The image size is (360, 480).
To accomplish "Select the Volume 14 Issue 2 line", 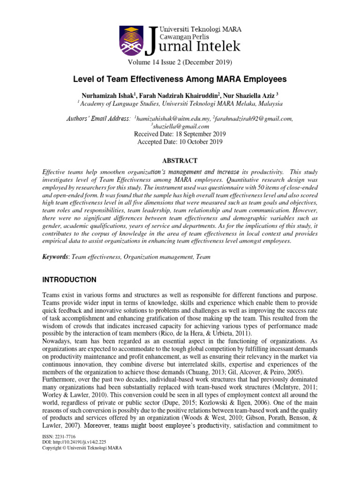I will (x=180, y=62).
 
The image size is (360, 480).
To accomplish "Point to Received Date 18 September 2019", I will (x=180, y=134).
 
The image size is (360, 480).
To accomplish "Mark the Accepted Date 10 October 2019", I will (x=180, y=141).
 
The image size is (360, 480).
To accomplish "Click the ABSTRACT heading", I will (x=180, y=160).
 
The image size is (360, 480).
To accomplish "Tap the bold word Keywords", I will (x=56, y=257).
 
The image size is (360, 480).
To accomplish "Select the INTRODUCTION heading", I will (x=69, y=280).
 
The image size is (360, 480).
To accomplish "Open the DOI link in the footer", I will (x=74, y=442).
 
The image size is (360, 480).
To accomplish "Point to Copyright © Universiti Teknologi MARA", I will (x=82, y=448).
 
